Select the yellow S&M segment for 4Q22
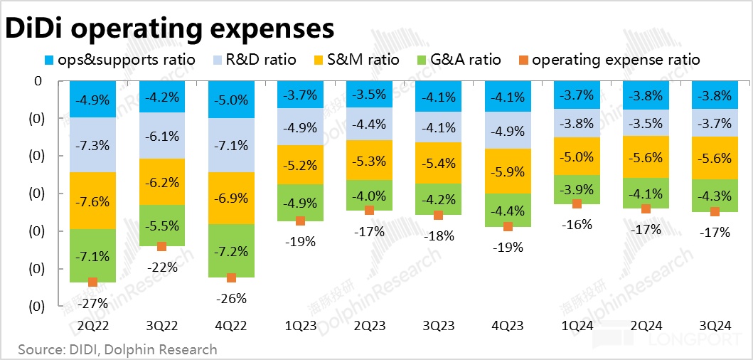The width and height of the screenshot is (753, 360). [x=230, y=198]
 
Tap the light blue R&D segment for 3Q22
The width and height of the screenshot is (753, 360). [x=162, y=135]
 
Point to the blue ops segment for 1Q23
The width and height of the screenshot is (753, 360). [x=300, y=95]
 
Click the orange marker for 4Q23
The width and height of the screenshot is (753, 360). [x=508, y=227]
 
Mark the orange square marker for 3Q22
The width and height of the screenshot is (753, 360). [x=162, y=246]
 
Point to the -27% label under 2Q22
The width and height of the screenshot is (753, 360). [x=93, y=302]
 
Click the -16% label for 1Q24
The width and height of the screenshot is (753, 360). [x=577, y=225]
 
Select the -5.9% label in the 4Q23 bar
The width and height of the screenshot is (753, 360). [x=508, y=171]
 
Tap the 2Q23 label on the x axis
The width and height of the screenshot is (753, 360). [x=369, y=326]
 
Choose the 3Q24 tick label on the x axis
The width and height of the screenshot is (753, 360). [x=713, y=326]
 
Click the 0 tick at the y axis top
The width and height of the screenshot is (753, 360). [x=38, y=81]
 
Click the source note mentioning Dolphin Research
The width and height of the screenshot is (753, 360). [x=118, y=349]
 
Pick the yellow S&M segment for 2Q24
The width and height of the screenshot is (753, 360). [x=646, y=158]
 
